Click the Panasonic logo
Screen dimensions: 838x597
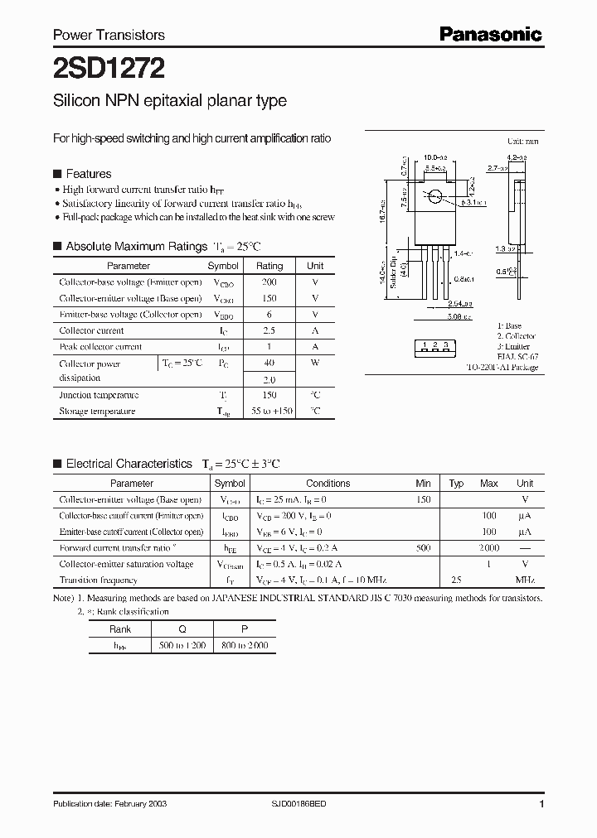[489, 34]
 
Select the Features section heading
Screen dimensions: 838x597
[88, 174]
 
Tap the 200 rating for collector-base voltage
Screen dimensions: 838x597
[269, 282]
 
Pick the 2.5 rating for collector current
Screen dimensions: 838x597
[269, 330]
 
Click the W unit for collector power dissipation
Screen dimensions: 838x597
[315, 363]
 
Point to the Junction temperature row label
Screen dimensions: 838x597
[99, 395]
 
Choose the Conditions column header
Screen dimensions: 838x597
[328, 484]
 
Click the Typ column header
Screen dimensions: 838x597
[456, 484]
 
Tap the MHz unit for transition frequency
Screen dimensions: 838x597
[524, 580]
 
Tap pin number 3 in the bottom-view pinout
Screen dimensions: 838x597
[446, 344]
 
